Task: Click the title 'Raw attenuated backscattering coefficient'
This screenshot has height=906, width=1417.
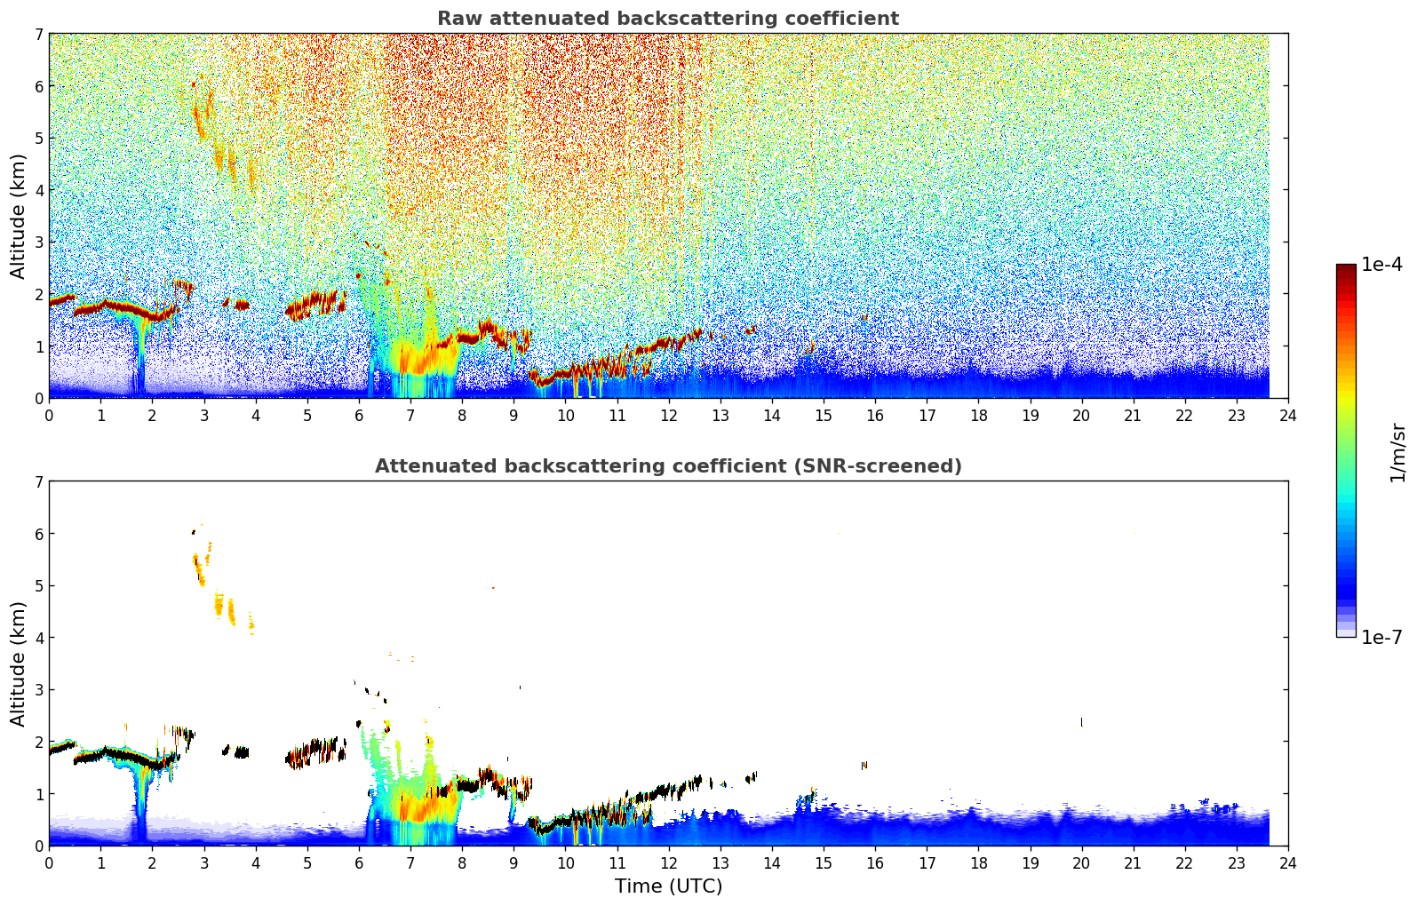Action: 667,19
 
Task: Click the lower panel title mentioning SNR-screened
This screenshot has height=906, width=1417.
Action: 667,466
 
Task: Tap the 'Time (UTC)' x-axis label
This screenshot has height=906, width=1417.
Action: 668,886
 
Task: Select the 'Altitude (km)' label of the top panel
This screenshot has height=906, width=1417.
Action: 18,216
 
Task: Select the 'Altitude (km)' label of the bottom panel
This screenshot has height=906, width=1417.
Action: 18,664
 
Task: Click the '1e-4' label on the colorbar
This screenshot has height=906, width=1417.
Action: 1381,265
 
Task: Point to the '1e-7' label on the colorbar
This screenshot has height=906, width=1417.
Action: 1381,637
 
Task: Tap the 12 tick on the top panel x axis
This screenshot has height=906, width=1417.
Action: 668,415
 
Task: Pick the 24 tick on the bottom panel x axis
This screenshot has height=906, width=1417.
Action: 1287,862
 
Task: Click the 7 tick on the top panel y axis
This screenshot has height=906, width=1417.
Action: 39,35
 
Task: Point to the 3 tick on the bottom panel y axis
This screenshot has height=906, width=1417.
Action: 39,690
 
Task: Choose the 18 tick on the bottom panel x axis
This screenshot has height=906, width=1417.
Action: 978,862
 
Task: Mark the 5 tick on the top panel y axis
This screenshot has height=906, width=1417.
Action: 39,139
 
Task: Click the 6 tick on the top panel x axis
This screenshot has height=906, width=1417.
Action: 359,415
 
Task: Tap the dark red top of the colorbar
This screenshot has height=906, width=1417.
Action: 1346,268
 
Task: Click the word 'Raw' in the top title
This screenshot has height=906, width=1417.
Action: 456,19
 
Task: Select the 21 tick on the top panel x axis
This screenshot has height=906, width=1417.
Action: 1133,415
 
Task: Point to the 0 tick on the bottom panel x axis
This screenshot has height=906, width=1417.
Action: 49,862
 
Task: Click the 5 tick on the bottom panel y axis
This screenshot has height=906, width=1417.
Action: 39,586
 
